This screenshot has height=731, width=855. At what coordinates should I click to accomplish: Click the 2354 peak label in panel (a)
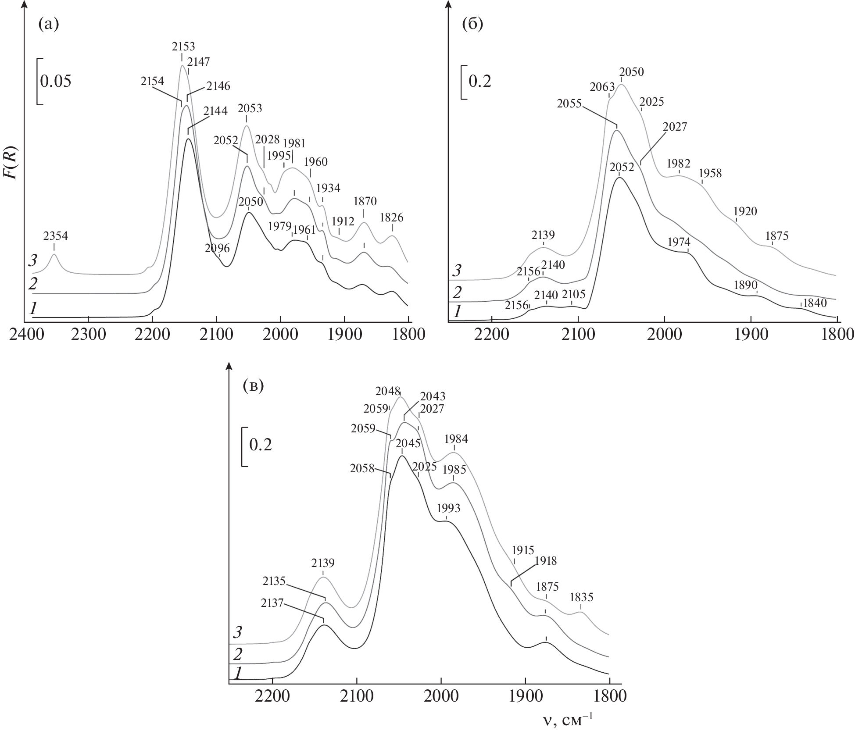point(56,236)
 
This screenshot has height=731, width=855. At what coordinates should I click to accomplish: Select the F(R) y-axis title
point(10,162)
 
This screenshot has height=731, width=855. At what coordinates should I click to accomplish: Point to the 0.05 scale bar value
point(56,81)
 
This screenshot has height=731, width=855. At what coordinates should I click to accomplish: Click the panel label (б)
point(473,24)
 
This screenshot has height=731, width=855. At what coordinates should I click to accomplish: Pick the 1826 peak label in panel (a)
point(391,218)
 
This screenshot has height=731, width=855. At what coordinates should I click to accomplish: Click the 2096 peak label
point(217,248)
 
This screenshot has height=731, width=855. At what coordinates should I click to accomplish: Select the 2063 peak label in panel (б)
point(602,87)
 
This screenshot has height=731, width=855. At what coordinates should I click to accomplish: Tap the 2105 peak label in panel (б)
point(574,294)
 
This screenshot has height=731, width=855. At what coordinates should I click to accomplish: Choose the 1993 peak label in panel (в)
point(449,508)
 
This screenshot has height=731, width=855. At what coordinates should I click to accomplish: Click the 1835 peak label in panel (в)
point(581,597)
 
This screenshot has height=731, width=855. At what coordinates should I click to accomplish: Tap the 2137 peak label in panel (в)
point(273,603)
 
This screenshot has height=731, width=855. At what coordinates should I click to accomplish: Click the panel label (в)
point(253,386)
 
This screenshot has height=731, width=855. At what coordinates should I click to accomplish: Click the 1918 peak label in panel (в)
point(545,560)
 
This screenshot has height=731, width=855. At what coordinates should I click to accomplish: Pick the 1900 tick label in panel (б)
point(751,334)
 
